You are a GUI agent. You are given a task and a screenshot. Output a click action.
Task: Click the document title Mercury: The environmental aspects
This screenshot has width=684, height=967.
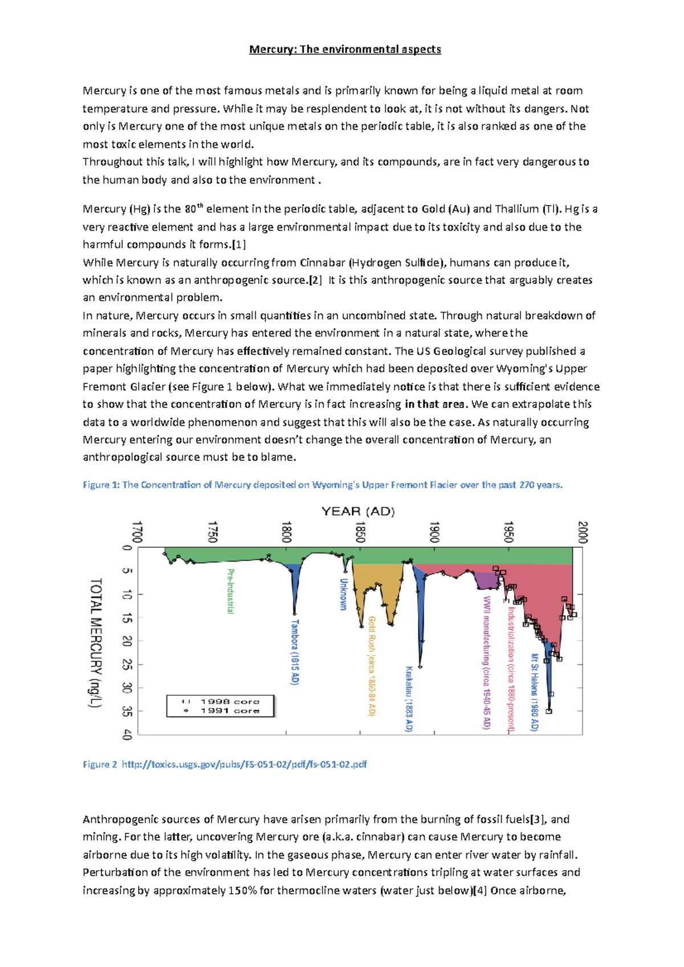(x=345, y=50)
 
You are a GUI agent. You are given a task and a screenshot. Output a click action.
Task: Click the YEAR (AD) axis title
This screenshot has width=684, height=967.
(x=358, y=511)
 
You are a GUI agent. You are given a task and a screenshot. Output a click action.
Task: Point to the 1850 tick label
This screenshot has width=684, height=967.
(x=360, y=532)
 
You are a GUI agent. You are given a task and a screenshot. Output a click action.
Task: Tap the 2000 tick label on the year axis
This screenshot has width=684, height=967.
(x=582, y=532)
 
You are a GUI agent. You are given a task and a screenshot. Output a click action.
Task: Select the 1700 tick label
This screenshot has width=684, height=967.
(x=137, y=532)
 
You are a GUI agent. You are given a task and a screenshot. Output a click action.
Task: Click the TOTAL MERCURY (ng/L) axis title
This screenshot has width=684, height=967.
(x=96, y=642)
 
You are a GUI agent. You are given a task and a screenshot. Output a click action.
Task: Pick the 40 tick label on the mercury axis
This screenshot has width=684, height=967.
(x=127, y=735)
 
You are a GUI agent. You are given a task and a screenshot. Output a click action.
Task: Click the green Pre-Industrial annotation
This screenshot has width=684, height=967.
(x=231, y=591)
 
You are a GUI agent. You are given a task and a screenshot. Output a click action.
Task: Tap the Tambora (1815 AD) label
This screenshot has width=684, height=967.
(x=295, y=652)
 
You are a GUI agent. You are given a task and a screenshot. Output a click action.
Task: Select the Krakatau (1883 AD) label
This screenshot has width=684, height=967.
(x=409, y=698)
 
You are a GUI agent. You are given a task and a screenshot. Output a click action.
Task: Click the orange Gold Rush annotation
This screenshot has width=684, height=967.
(x=372, y=665)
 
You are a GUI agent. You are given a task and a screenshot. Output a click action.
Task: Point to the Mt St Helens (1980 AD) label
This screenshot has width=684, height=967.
(x=535, y=691)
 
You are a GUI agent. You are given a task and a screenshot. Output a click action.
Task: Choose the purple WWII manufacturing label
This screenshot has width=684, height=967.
(x=486, y=662)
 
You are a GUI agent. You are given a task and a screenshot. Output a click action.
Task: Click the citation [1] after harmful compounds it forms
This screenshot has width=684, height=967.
(x=239, y=245)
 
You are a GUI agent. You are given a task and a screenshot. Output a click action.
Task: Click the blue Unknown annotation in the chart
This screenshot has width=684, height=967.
(x=343, y=594)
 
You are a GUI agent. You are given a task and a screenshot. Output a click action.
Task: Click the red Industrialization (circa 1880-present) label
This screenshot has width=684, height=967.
(x=511, y=669)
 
